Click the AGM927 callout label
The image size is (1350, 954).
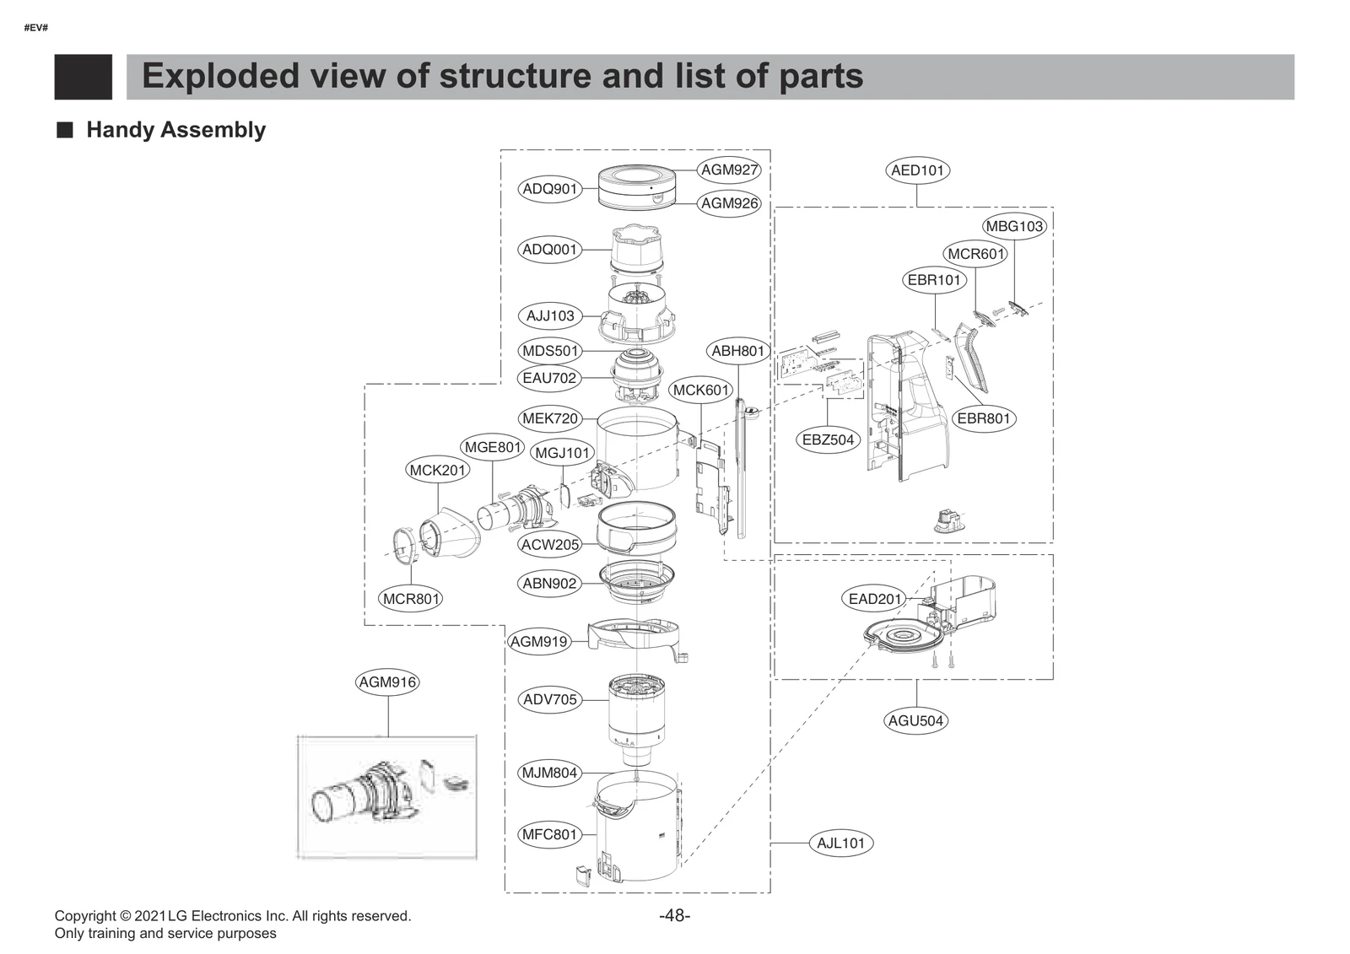(730, 170)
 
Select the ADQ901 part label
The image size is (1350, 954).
(550, 189)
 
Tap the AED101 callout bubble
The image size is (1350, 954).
(918, 170)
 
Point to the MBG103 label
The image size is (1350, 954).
(1014, 226)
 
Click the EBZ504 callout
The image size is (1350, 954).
(828, 439)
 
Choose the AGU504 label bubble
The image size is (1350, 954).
(915, 720)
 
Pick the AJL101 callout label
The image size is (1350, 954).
(840, 843)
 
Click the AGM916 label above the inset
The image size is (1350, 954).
(387, 682)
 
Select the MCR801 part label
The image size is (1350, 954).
(411, 599)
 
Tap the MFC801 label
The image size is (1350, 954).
(549, 834)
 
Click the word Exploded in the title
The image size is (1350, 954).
(220, 76)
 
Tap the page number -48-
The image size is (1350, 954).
(674, 915)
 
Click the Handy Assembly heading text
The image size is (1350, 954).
(175, 130)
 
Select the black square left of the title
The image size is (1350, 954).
(84, 77)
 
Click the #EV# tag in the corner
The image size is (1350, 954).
(35, 28)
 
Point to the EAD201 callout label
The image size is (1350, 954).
(875, 599)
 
